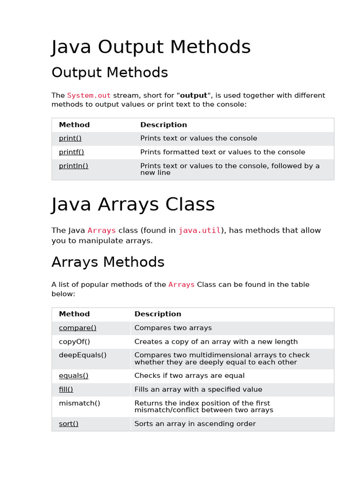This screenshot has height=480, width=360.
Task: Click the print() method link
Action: tap(70, 138)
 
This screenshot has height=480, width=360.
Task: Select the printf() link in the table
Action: tap(71, 152)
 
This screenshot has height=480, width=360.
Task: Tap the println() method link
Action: tap(74, 165)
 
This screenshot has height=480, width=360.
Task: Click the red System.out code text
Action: tap(89, 96)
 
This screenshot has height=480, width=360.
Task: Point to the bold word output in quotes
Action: tap(194, 96)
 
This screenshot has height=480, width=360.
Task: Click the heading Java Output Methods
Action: tap(151, 47)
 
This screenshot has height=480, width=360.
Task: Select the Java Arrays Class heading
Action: tap(133, 205)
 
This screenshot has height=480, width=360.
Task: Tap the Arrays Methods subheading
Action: tap(108, 262)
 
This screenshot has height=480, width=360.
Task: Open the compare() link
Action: tap(78, 328)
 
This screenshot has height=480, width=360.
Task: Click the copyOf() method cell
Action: tap(75, 342)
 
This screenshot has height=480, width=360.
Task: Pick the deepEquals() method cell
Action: tap(82, 355)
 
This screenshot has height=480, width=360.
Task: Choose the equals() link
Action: tap(74, 375)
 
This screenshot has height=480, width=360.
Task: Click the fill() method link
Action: tap(66, 390)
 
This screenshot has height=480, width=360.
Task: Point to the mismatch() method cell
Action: tap(80, 403)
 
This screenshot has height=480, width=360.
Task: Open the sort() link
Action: tap(69, 424)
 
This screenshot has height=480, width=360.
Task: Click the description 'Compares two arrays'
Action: tap(173, 328)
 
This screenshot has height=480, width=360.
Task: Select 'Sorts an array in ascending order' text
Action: tap(195, 424)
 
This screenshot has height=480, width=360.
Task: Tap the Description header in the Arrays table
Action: tap(157, 314)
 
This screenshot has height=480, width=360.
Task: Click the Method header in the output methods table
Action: tap(74, 125)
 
